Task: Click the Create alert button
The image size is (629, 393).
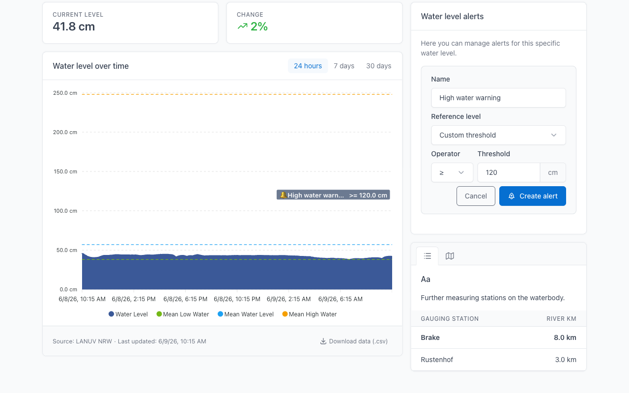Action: tap(532, 196)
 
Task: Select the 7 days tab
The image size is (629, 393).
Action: tap(344, 66)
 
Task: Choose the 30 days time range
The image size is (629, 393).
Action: tap(378, 66)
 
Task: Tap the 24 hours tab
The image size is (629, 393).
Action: tap(308, 66)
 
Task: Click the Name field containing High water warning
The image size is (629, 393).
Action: tap(498, 98)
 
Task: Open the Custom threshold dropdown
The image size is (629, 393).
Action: tap(498, 135)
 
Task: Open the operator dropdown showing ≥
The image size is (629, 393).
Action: tap(452, 172)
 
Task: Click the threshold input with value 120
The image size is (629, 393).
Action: tap(509, 172)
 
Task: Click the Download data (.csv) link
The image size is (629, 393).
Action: tap(354, 341)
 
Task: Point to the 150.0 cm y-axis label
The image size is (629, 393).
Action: tap(65, 171)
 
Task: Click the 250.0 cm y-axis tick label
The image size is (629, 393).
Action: tap(65, 93)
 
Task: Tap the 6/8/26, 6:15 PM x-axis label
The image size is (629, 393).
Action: tap(185, 299)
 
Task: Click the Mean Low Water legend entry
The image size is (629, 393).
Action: tap(182, 314)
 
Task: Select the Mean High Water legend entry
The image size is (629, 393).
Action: tap(310, 314)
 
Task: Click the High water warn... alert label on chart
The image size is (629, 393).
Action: tap(333, 195)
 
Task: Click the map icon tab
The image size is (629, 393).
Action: tap(450, 256)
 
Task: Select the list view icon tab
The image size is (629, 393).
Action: tap(428, 256)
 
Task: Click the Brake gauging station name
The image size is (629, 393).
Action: tap(430, 337)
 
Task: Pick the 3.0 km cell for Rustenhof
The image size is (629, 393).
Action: tap(566, 360)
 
